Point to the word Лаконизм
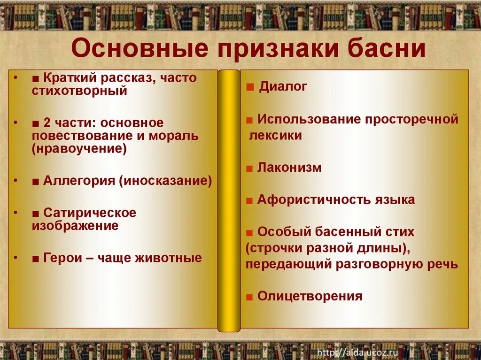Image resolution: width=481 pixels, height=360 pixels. tap(289, 168)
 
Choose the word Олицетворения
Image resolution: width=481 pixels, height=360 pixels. tap(310, 296)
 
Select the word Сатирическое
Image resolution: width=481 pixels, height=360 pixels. tap(89, 213)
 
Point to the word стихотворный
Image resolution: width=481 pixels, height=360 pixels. tap(79, 91)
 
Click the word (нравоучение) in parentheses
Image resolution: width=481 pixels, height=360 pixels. tap(79, 149)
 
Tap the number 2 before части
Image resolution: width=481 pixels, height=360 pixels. tap(47, 123)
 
